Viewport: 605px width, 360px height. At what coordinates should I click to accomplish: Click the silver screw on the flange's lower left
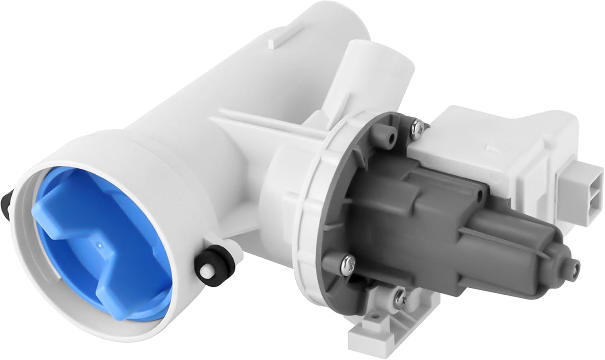point(347,264)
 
